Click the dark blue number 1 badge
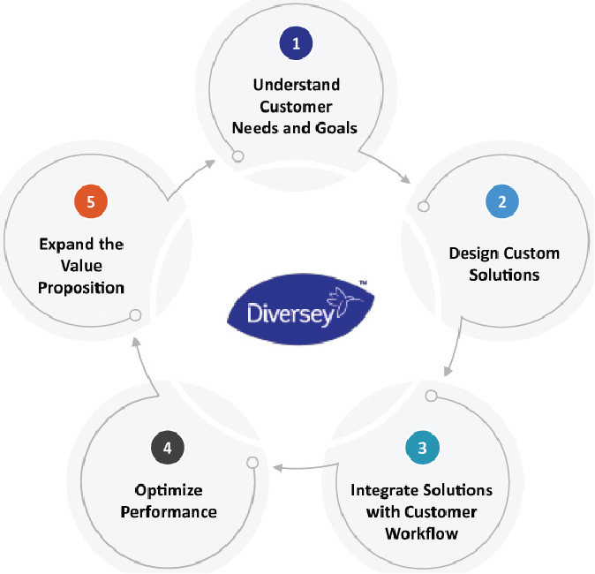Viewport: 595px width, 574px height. (297, 42)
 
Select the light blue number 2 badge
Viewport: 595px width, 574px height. (501, 201)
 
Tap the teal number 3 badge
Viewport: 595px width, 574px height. (421, 447)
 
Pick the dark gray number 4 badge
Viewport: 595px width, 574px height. (168, 447)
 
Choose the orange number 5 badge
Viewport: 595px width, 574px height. (90, 201)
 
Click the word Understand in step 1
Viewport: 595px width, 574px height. (297, 86)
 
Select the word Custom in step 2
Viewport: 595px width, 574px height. (532, 253)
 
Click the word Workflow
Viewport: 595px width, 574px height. (422, 533)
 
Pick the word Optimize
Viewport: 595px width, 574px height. (169, 490)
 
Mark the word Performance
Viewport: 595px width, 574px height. (169, 512)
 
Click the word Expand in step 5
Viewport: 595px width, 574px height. (64, 245)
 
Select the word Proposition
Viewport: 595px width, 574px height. (80, 288)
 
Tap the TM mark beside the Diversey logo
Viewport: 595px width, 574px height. (363, 284)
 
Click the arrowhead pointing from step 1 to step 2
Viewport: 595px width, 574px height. (405, 180)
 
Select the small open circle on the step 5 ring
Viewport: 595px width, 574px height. (135, 315)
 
